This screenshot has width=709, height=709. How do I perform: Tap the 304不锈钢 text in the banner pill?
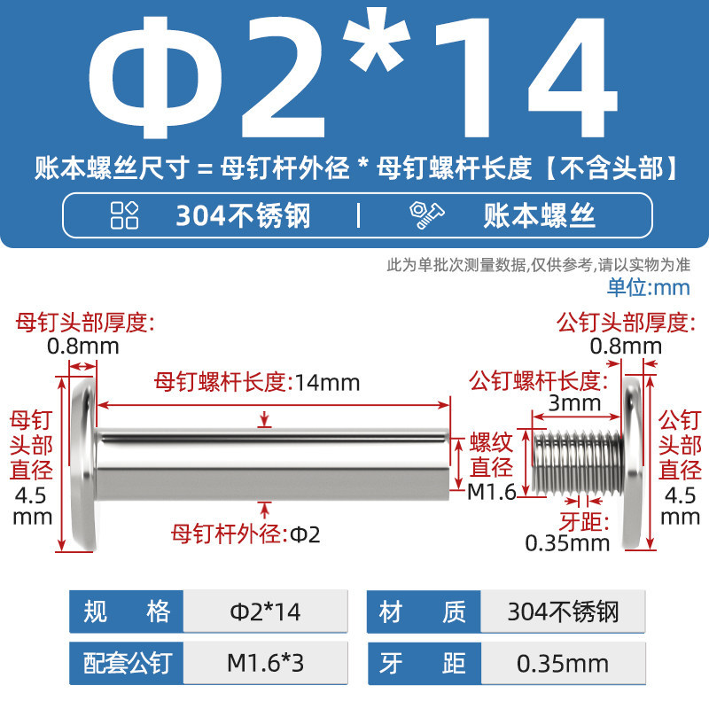pyautogui.click(x=243, y=215)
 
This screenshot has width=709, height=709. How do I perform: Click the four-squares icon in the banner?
pyautogui.click(x=124, y=215)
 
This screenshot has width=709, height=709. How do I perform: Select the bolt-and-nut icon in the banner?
pyautogui.click(x=426, y=215)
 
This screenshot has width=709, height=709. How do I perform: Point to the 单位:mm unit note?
pyautogui.click(x=649, y=287)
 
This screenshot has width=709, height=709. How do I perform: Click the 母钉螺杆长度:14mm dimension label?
pyautogui.click(x=257, y=382)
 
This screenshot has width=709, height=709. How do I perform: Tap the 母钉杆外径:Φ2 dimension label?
pyautogui.click(x=245, y=534)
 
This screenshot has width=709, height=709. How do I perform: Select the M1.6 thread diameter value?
pyautogui.click(x=492, y=492)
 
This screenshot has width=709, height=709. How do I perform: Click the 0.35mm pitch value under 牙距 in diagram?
pyautogui.click(x=567, y=543)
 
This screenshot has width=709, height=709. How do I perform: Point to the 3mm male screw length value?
pyautogui.click(x=574, y=403)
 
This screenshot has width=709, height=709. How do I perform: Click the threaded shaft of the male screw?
pyautogui.click(x=578, y=462)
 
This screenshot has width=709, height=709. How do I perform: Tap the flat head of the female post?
pyautogui.click(x=84, y=464)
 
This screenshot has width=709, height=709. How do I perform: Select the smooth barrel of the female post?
pyautogui.click(x=274, y=464)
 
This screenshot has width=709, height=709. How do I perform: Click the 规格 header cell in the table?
pyautogui.click(x=126, y=612)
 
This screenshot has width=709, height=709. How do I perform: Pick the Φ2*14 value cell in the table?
pyautogui.click(x=265, y=612)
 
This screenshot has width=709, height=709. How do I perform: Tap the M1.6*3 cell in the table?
pyautogui.click(x=265, y=663)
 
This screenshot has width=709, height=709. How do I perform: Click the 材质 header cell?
pyautogui.click(x=424, y=612)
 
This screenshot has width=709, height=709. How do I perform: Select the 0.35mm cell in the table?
pyautogui.click(x=563, y=663)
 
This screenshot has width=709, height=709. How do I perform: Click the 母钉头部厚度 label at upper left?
pyautogui.click(x=85, y=323)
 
